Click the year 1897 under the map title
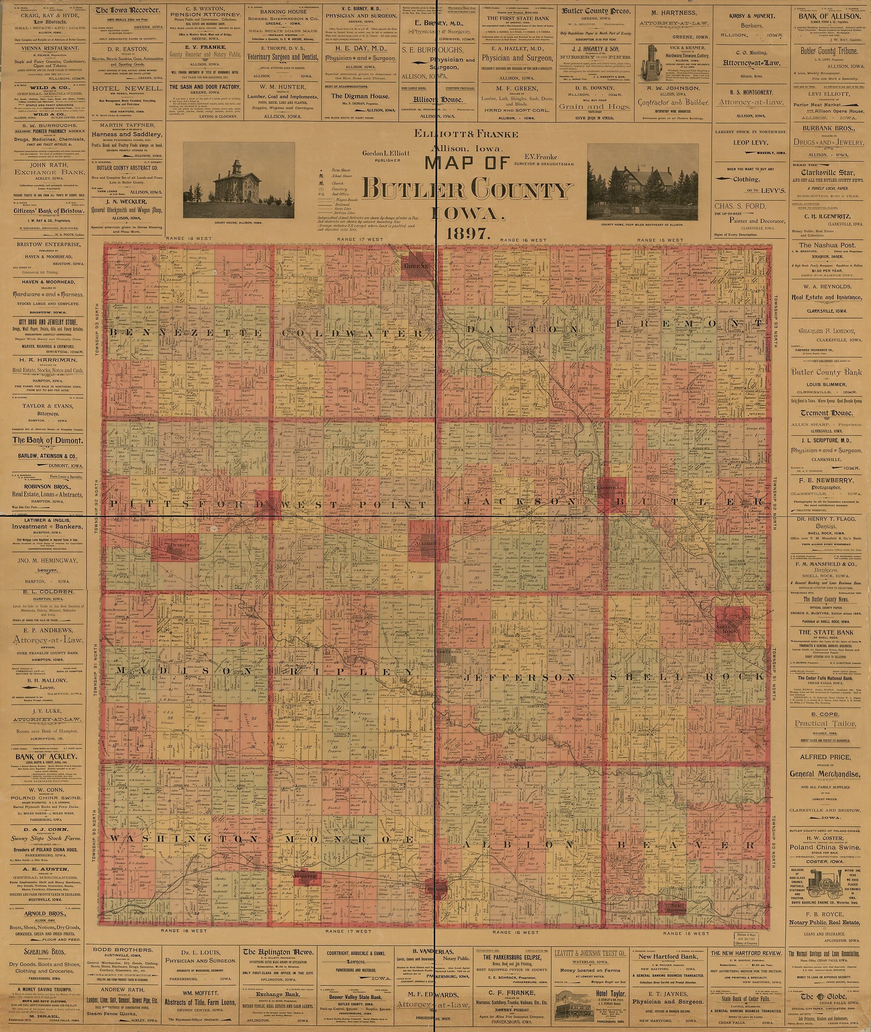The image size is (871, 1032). coord(467,234)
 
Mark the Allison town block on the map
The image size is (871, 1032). coord(422,543)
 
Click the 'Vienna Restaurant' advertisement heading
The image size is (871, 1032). coord(47,48)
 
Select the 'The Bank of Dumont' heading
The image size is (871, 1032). coord(47,441)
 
